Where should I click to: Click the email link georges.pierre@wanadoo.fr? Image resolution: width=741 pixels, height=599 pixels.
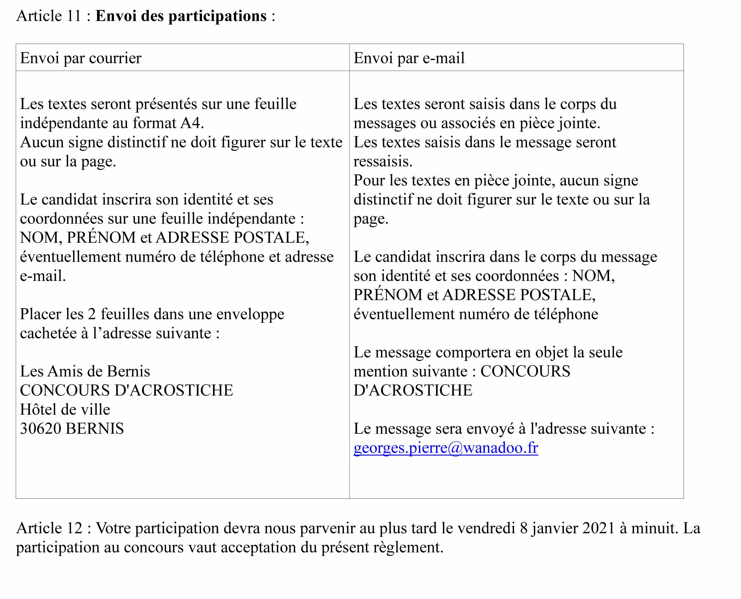[x=445, y=448]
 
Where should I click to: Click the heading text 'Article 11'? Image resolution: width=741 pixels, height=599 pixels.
[x=48, y=16]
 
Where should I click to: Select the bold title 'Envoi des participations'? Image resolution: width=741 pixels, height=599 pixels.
[x=181, y=16]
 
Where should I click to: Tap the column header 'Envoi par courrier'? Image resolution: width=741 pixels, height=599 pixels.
[x=80, y=58]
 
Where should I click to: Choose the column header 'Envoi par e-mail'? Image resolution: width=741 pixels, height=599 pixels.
[x=409, y=58]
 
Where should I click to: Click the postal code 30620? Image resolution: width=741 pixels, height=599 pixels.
[x=41, y=429]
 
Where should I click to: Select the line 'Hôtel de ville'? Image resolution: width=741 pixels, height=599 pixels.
[x=65, y=409]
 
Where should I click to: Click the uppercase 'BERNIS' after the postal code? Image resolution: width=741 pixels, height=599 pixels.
[x=95, y=429]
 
